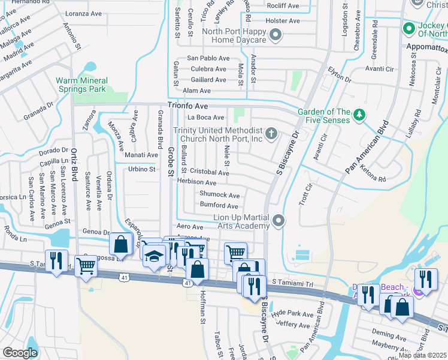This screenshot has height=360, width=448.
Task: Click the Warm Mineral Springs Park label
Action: [x=81, y=85]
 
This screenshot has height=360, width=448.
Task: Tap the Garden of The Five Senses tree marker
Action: [x=359, y=114]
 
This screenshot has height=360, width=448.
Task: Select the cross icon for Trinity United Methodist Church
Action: [x=271, y=133]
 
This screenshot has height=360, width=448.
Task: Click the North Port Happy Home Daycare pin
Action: [x=275, y=35]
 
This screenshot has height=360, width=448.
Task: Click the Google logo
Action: [x=20, y=353]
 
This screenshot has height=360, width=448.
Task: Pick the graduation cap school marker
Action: [x=154, y=256]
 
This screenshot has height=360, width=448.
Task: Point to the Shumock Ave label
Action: [x=219, y=195]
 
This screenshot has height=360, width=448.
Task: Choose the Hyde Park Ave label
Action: [x=292, y=314]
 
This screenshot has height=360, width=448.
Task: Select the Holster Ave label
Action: [x=281, y=21]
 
